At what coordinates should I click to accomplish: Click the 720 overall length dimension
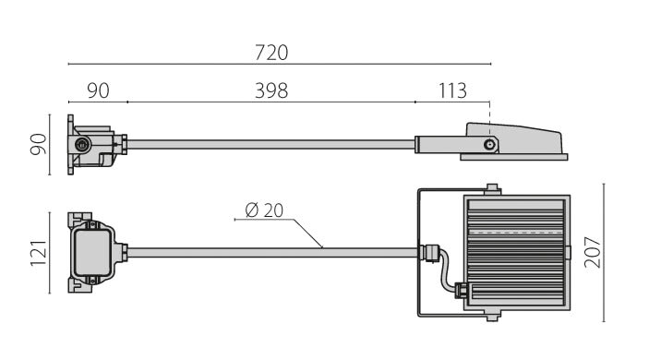tap(271, 54)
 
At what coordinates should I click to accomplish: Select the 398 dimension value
tap(271, 90)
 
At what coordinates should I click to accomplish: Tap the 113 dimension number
tap(452, 90)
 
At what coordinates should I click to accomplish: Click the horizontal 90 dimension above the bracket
tap(98, 90)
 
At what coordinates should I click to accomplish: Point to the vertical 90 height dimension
tap(39, 144)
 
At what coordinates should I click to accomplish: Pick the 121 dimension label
tap(39, 253)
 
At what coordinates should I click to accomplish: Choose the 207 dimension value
tap(593, 253)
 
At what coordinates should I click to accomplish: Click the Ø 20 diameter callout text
tap(264, 210)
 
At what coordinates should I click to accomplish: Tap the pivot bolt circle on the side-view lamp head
tap(489, 145)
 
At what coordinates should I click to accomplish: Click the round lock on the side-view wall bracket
tap(83, 145)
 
